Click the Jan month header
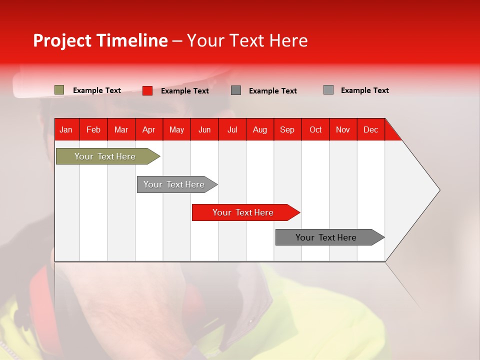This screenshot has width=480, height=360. tap(66, 129)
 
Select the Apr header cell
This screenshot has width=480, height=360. tap(148, 129)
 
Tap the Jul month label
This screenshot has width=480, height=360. tap(232, 129)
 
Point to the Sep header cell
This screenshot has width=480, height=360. tap(287, 129)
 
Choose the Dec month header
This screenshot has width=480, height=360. tap(370, 129)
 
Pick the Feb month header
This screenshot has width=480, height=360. tap(93, 129)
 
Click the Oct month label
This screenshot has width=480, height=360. tap(315, 129)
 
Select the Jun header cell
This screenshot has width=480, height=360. tap(204, 129)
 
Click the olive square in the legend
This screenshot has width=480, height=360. tap(59, 90)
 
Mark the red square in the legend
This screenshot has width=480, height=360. tap(147, 90)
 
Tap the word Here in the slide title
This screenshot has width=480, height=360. tap(288, 40)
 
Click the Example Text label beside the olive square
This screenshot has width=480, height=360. tap(97, 90)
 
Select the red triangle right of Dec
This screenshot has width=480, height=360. tap(392, 132)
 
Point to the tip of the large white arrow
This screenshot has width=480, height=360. tap(438, 190)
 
